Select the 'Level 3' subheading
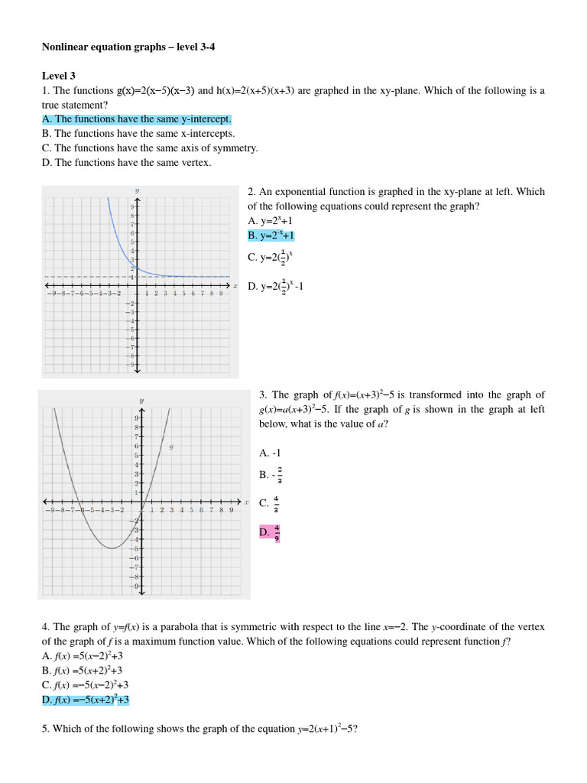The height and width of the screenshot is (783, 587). [58, 76]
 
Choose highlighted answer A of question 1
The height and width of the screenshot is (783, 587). [137, 119]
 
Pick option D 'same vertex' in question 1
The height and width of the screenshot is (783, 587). [127, 163]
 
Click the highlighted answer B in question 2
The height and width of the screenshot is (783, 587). [271, 236]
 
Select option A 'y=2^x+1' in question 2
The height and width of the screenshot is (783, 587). [271, 220]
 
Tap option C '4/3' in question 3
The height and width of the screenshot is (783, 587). [270, 503]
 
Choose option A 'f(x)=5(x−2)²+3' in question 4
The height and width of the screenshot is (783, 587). [83, 656]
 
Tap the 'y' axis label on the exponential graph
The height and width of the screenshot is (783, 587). [137, 190]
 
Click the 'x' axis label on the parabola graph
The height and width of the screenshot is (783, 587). [246, 502]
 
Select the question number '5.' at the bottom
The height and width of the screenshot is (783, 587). [46, 729]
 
